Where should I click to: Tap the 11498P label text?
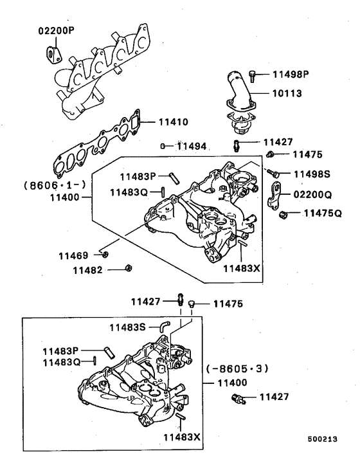pos(288,74)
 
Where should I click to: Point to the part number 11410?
pos(170,121)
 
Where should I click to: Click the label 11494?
pos(192,147)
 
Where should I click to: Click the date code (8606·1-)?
pos(48,185)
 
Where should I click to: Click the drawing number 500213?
pos(324,440)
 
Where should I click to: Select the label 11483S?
pos(127,327)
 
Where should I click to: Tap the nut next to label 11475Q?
pos(282,213)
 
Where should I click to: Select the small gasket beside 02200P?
pos(57,57)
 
